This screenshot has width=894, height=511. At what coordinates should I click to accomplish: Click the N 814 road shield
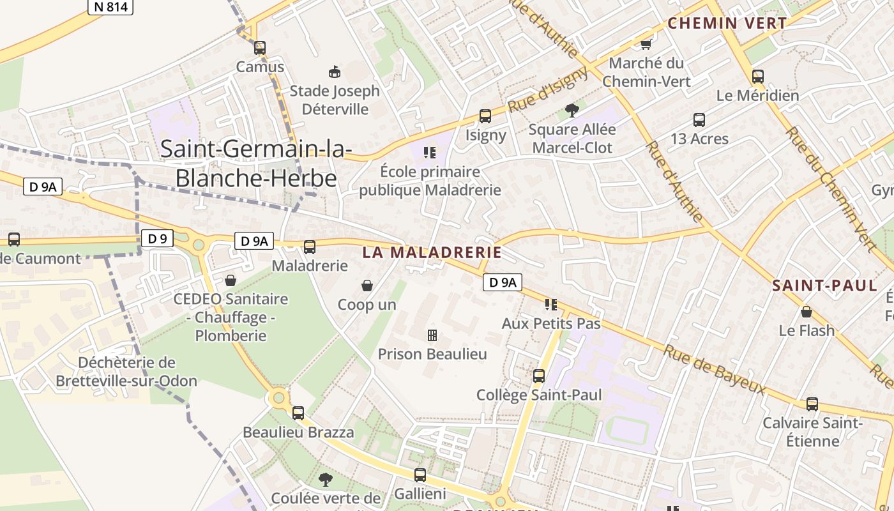pyautogui.click(x=110, y=7)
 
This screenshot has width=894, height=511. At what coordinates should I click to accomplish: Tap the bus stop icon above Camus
pyautogui.click(x=259, y=47)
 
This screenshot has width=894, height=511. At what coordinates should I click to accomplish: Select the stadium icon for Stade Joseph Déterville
pyautogui.click(x=334, y=72)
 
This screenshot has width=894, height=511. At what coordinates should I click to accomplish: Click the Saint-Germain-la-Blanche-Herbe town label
pyautogui.click(x=255, y=163)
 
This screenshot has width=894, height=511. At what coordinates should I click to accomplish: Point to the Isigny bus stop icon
pyautogui.click(x=485, y=116)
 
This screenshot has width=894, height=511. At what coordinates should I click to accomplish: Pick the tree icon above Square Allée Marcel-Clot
pyautogui.click(x=572, y=111)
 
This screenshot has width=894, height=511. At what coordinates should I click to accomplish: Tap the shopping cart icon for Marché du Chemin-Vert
pyautogui.click(x=646, y=44)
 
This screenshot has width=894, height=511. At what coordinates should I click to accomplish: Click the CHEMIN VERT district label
pyautogui.click(x=727, y=24)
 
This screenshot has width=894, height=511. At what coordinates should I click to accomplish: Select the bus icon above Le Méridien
pyautogui.click(x=758, y=77)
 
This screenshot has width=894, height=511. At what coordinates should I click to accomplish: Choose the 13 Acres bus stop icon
pyautogui.click(x=699, y=119)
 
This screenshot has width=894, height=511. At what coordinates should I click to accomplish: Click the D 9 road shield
pyautogui.click(x=157, y=239)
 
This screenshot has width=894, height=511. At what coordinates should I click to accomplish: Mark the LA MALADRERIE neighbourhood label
pyautogui.click(x=432, y=252)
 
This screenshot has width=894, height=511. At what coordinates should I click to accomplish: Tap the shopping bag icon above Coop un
pyautogui.click(x=367, y=285)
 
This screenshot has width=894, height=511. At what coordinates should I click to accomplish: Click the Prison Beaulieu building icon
pyautogui.click(x=432, y=335)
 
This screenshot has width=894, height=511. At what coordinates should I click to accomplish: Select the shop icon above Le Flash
pyautogui.click(x=807, y=312)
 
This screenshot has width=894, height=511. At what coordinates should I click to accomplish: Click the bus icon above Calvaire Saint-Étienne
pyautogui.click(x=812, y=404)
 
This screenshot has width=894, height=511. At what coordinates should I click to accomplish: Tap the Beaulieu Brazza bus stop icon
pyautogui.click(x=298, y=413)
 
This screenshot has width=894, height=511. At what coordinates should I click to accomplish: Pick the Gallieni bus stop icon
pyautogui.click(x=420, y=475)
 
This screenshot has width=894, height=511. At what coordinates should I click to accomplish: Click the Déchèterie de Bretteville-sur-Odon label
pyautogui.click(x=126, y=372)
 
